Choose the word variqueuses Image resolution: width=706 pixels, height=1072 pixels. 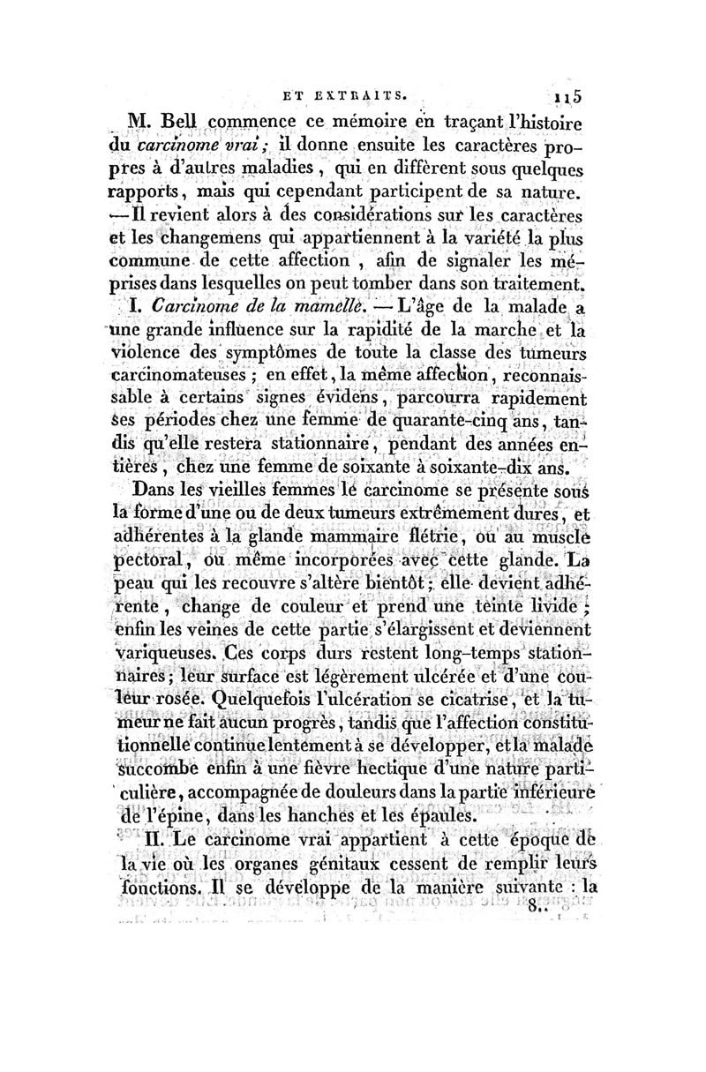tap(167, 654)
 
